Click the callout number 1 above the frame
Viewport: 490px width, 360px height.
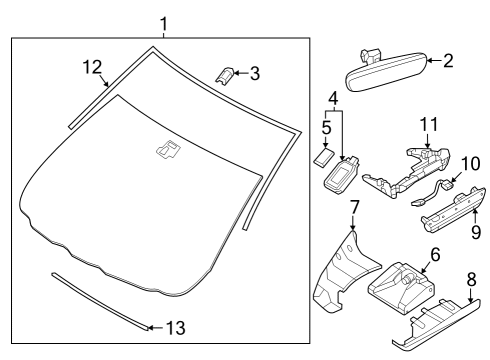163,24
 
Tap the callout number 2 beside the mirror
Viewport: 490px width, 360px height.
448,61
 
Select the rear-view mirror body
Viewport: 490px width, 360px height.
387,73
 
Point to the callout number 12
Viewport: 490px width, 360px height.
92,67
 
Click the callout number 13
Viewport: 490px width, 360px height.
176,328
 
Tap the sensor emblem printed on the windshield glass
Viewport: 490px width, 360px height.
168,149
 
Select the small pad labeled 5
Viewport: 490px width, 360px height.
324,157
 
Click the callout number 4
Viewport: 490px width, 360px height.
333,98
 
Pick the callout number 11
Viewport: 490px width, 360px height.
429,124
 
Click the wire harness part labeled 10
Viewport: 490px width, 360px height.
432,193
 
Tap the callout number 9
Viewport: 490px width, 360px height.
476,232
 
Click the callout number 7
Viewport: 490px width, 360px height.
354,207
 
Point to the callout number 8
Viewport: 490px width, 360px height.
471,280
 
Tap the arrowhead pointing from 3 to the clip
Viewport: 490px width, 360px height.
235,73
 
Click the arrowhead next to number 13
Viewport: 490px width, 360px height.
150,328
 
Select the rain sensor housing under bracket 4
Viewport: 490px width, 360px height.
342,175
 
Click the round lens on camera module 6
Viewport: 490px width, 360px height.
406,280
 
